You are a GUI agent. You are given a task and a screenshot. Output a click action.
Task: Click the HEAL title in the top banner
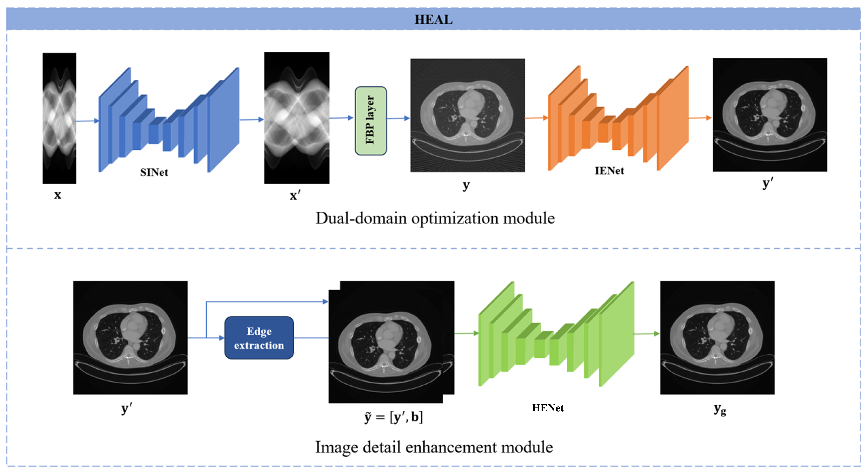433,19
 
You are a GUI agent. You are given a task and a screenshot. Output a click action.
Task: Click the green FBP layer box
370,120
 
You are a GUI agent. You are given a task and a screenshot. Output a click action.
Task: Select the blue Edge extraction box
259,338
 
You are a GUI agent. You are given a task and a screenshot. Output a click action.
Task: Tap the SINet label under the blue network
154,173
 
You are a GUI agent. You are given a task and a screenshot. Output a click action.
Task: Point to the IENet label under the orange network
609,171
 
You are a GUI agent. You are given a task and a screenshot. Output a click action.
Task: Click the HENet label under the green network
547,408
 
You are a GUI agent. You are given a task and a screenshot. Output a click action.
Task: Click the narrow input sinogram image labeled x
59,118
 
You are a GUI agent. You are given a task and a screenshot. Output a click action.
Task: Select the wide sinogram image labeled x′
296,118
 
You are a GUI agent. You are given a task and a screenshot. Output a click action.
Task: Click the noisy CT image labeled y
467,115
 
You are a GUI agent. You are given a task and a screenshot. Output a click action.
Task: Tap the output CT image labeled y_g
717,337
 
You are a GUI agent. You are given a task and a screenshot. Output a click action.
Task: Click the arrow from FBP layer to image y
398,118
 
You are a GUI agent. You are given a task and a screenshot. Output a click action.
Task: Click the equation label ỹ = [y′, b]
393,417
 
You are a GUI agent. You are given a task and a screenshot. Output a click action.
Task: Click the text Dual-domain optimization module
435,218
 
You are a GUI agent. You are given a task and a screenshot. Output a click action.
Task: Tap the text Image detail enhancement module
433,447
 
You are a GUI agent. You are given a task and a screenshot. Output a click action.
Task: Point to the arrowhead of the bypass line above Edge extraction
325,302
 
